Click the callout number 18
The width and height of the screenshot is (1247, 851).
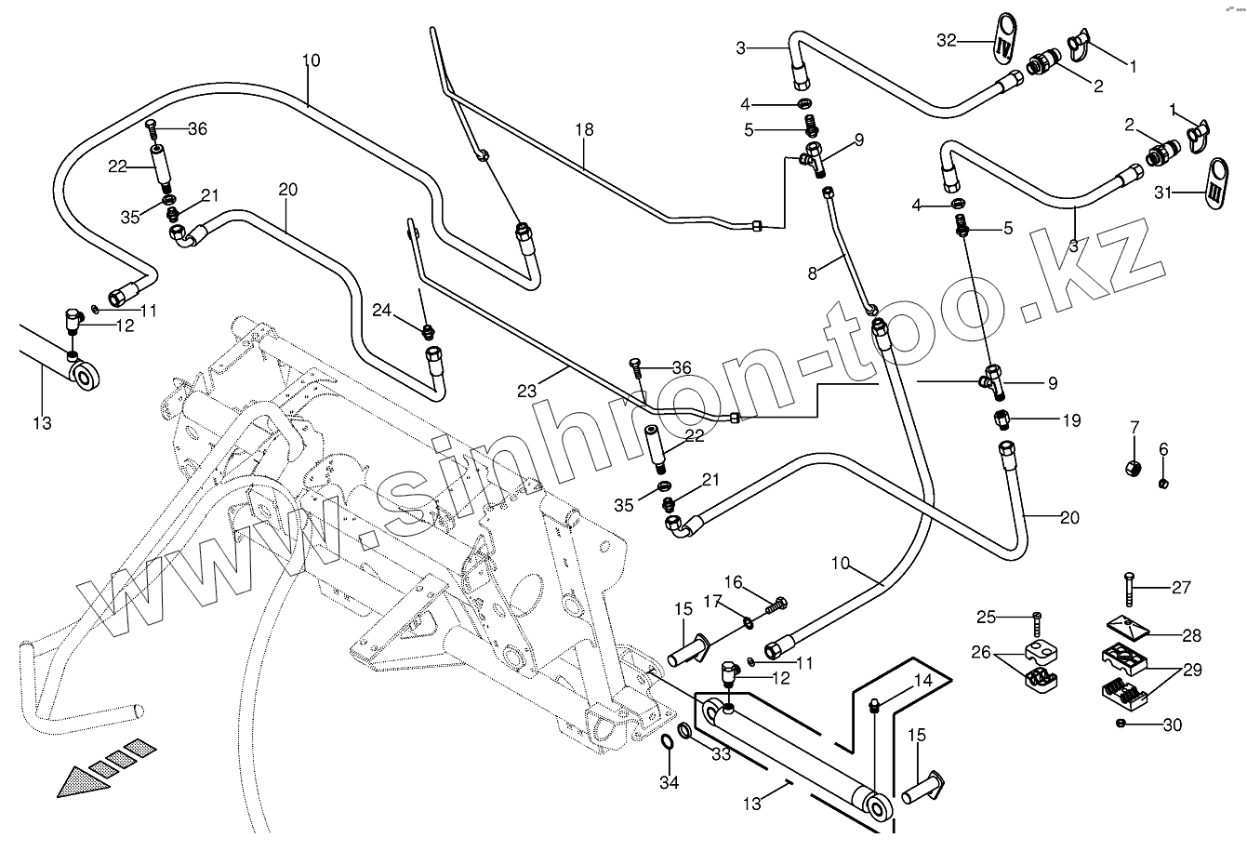click(583, 130)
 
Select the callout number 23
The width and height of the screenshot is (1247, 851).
click(527, 392)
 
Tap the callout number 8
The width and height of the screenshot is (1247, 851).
click(812, 273)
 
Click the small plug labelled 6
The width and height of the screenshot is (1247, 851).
click(1163, 483)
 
